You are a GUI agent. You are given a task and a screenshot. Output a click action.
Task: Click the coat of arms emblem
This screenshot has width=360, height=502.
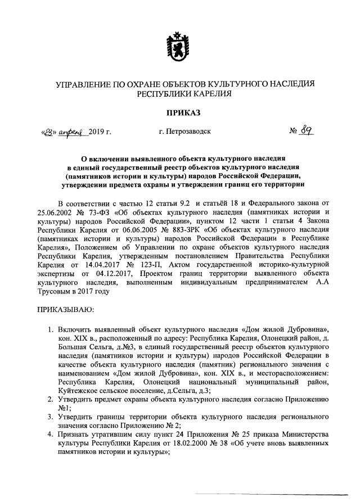179,48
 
